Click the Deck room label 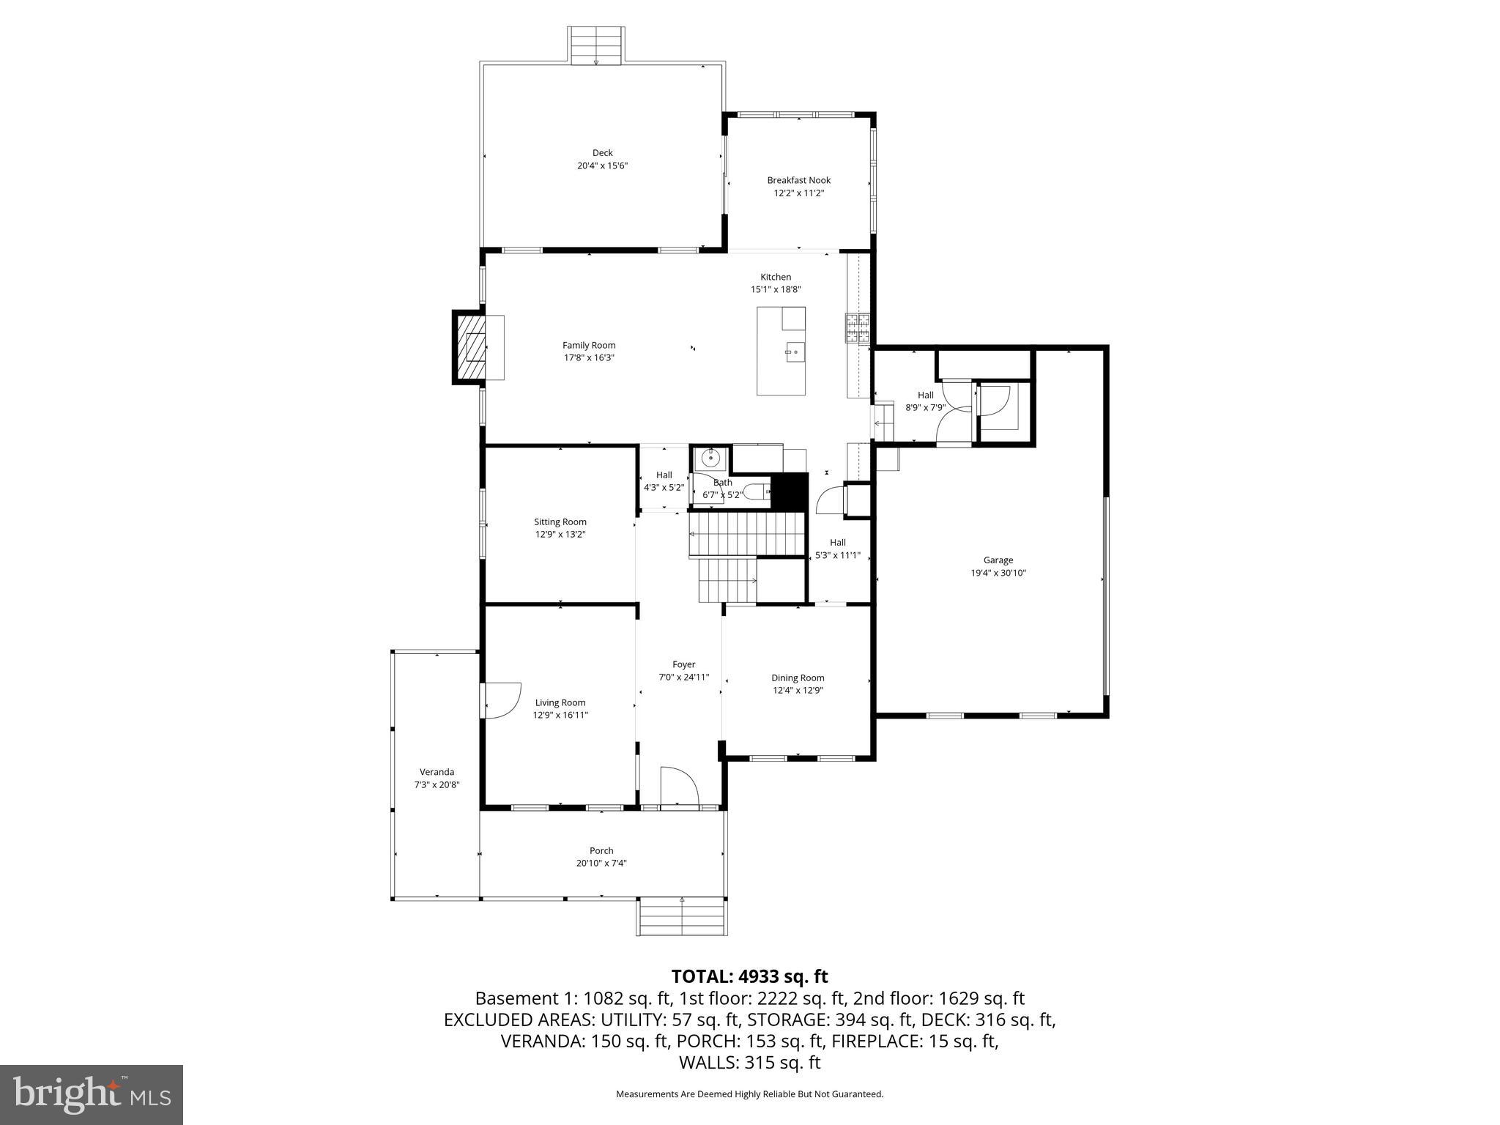pos(602,153)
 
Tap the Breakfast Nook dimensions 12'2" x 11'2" pos(798,193)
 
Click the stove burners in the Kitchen pos(858,328)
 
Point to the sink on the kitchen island pos(794,352)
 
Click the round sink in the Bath pos(710,459)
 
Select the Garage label pos(998,560)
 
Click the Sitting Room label pos(560,522)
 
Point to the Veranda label pos(437,772)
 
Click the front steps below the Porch pos(681,916)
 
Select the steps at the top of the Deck pos(596,46)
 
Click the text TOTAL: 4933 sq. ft pos(749,976)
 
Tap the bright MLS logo pos(92,1094)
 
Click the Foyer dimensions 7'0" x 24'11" pos(683,677)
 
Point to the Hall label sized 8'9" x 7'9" pos(925,396)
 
